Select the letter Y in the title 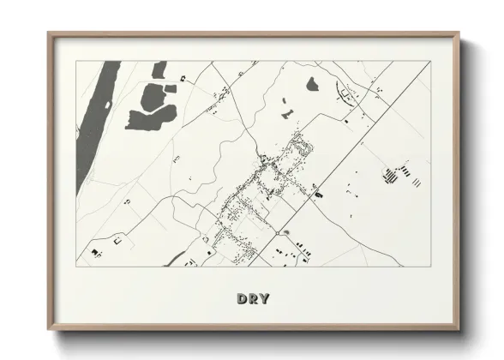[x=264, y=299]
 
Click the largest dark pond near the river [x=147, y=117]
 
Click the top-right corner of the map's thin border [x=430, y=62]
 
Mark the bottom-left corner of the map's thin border [x=77, y=262]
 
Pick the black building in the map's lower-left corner [x=94, y=255]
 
